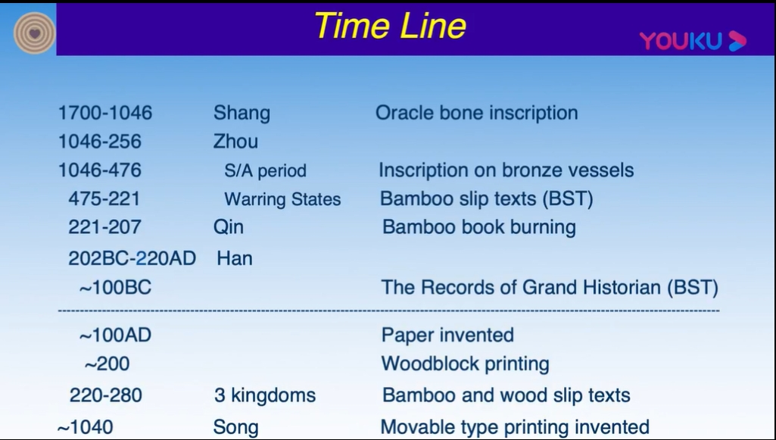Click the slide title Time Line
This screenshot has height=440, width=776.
click(x=390, y=26)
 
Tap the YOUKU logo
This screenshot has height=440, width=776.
click(x=693, y=41)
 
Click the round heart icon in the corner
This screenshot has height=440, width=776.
click(x=34, y=33)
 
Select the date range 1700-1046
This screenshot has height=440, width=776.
click(x=105, y=113)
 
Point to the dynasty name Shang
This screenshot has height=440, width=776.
click(x=242, y=114)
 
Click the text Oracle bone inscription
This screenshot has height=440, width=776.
click(x=477, y=113)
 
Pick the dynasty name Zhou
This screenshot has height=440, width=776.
click(x=235, y=142)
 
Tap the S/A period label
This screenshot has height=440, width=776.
click(x=265, y=170)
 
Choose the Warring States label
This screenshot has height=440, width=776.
click(x=282, y=199)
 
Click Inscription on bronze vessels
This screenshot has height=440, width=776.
click(x=506, y=170)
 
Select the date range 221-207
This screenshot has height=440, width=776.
click(x=104, y=227)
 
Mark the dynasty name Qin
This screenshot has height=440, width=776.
click(x=229, y=228)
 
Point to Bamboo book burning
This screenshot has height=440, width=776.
click(x=479, y=227)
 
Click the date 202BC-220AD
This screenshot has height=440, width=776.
click(x=132, y=258)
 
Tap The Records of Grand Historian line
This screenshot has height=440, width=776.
click(x=550, y=288)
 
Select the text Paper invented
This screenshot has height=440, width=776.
click(x=447, y=335)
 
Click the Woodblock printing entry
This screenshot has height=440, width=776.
click(x=465, y=364)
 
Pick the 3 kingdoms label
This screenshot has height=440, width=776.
click(x=265, y=395)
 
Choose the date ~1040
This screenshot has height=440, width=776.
click(x=85, y=427)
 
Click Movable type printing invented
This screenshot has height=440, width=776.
click(x=515, y=427)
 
